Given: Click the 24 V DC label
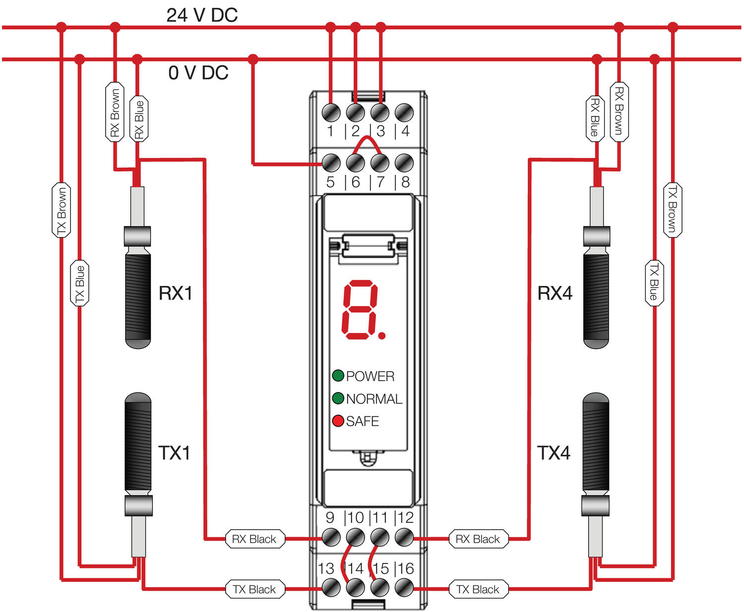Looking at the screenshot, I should click(202, 15).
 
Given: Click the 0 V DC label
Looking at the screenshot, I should click(198, 73).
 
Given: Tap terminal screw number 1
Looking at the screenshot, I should click(331, 112).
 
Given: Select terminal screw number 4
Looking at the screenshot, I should click(404, 112).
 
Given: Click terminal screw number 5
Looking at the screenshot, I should click(331, 163).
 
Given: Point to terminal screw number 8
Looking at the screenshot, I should click(404, 163).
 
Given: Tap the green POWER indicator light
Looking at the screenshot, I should click(338, 376).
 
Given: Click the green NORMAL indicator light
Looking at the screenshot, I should click(338, 398).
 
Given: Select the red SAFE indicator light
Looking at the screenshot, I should click(338, 421).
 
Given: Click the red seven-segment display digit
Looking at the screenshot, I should click(360, 310).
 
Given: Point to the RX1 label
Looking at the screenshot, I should click(175, 293).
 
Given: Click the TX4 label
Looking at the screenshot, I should click(554, 453).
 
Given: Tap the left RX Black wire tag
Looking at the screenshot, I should click(254, 539).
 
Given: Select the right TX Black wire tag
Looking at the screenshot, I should click(478, 589).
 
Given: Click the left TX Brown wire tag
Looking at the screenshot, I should click(62, 210).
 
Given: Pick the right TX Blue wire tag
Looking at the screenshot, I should click(654, 282).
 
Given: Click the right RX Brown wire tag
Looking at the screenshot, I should click(619, 111).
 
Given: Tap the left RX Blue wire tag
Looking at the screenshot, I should click(139, 119).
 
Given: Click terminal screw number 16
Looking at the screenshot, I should click(404, 588).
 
